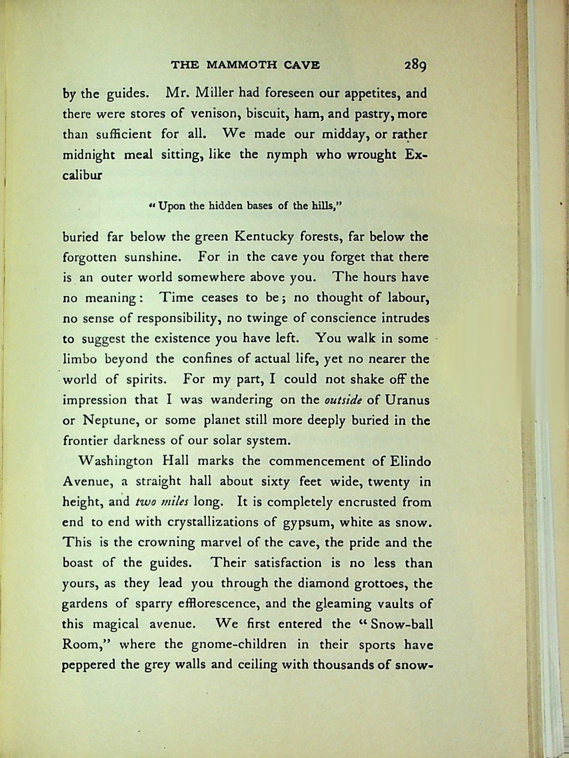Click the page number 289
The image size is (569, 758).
[415, 65]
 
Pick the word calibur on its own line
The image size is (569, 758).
[83, 175]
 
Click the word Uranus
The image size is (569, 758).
[407, 399]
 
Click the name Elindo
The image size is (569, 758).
[410, 461]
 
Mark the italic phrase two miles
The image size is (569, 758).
[162, 502]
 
